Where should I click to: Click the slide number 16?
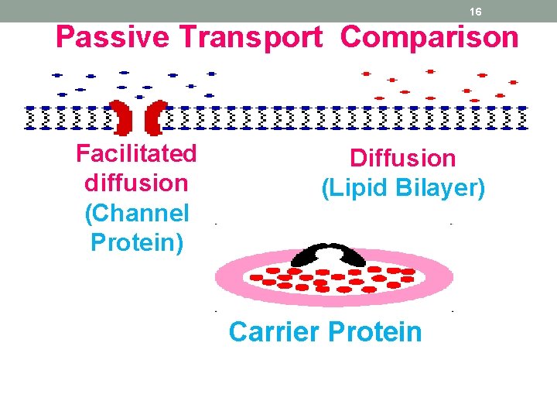pos(476,12)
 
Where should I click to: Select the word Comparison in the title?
pos(429,36)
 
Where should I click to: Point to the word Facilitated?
pos(136,153)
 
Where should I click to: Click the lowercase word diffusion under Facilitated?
pos(136,183)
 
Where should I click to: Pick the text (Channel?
pos(136,213)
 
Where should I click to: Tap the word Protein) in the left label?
pos(137,242)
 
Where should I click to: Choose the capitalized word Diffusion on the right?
pos(403,158)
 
